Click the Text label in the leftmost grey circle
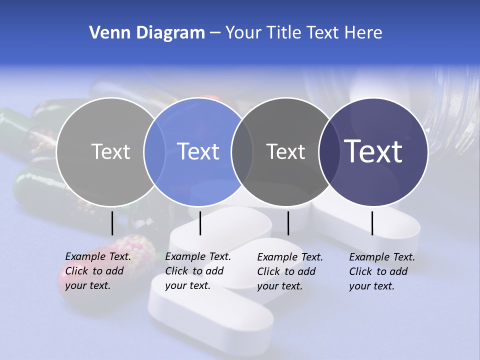tap(110, 151)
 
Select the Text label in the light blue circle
tap(198, 151)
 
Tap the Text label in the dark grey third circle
tap(285, 151)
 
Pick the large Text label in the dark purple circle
tap(373, 151)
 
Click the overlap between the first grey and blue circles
tap(154, 151)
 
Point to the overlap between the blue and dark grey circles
tap(242, 151)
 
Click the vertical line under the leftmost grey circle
tap(112, 223)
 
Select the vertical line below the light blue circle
tap(200, 223)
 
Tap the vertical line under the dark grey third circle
tap(288, 223)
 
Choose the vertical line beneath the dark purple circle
tap(372, 223)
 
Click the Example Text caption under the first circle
tap(97, 271)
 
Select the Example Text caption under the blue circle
tap(197, 271)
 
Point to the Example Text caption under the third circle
tap(289, 271)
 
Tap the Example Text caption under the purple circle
tap(381, 271)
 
